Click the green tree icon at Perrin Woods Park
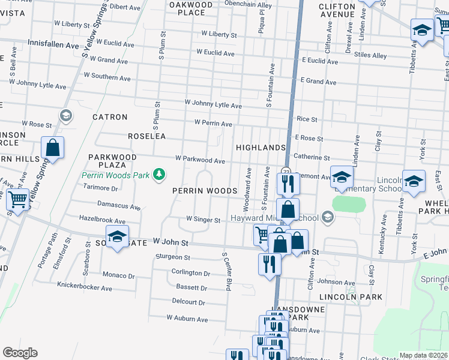[159, 174]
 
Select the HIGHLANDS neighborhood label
[260, 148]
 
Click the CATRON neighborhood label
[110, 117]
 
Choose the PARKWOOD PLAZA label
[108, 161]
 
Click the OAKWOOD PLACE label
[191, 8]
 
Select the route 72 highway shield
[286, 171]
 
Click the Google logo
[20, 352]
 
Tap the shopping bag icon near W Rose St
[52, 148]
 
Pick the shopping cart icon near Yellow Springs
[17, 200]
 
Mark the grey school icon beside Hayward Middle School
[327, 217]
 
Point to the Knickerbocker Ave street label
[85, 288]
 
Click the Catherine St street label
[312, 157]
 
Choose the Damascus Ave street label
[119, 206]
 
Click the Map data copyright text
[423, 355]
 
